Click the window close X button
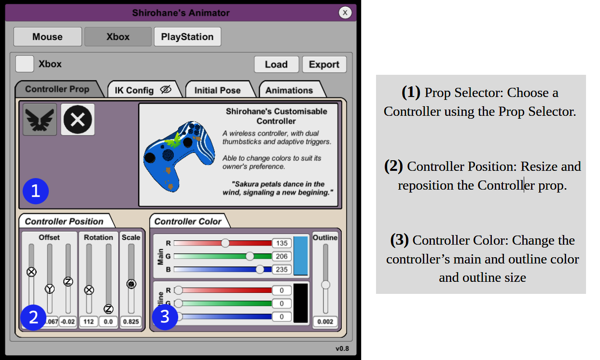[345, 13]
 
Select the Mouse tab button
[48, 37]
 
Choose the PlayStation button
[187, 37]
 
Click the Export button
[324, 64]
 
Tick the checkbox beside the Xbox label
[25, 64]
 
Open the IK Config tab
[144, 90]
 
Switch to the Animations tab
[292, 90]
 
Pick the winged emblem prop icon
[40, 120]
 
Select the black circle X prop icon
[78, 120]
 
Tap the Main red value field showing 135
[282, 243]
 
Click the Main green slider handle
[250, 256]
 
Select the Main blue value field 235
[282, 269]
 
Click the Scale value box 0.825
[131, 321]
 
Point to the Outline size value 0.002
[325, 321]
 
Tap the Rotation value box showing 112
[89, 321]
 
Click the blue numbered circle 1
[36, 191]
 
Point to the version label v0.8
[342, 348]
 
